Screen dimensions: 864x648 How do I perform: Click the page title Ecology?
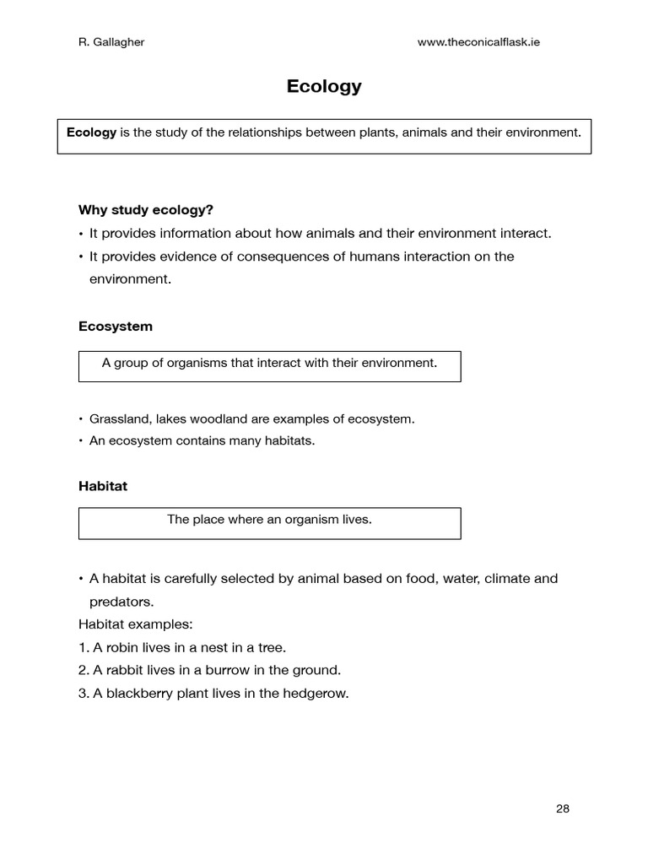(x=324, y=86)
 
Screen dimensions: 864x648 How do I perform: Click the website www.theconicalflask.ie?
(x=478, y=42)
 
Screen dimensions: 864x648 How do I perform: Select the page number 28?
(x=563, y=808)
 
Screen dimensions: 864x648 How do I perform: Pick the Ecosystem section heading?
(x=116, y=326)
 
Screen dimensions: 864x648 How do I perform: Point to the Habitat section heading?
(x=103, y=486)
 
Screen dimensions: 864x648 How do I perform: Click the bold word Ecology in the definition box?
(x=91, y=132)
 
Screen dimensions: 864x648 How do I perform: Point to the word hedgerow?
(x=320, y=694)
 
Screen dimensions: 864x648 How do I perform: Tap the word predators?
(x=121, y=602)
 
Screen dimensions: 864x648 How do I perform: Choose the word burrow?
(x=218, y=671)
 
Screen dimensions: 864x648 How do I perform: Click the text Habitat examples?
(x=135, y=624)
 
